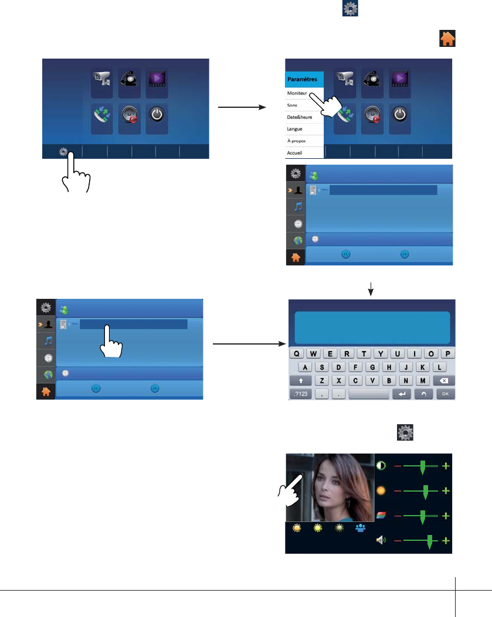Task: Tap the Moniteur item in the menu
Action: point(297,93)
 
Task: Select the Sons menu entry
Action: point(293,104)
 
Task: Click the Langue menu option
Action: point(295,128)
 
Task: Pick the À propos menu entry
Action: point(297,141)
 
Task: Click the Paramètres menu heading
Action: point(303,79)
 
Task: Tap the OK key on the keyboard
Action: point(445,394)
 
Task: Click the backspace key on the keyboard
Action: point(444,381)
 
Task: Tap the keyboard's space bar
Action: point(368,394)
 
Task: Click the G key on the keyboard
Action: point(372,367)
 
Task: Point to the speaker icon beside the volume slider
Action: point(381,540)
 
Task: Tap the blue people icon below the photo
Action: point(360,528)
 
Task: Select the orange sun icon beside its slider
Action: point(381,490)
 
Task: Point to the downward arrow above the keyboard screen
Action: point(371,289)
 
